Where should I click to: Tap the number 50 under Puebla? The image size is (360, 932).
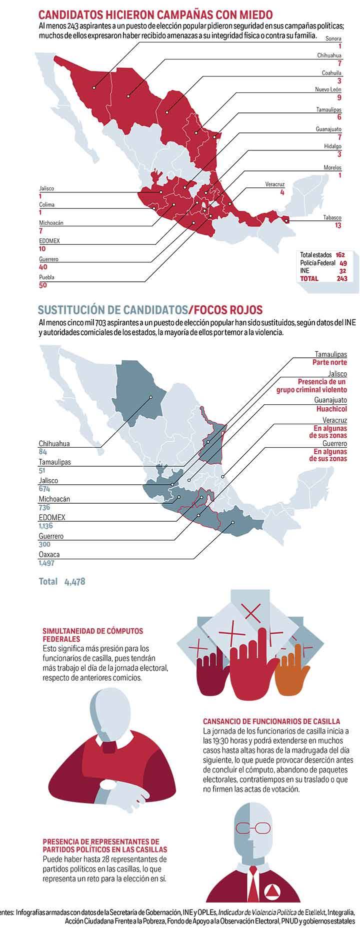[x=43, y=285]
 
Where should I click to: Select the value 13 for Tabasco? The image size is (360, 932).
[x=338, y=226]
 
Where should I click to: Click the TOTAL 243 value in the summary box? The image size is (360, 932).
[x=342, y=278]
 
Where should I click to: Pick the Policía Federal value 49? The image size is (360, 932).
[x=343, y=262]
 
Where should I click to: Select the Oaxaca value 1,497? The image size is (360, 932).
[x=46, y=563]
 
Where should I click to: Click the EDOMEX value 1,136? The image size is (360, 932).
[x=46, y=526]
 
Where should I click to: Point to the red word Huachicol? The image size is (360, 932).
[x=331, y=408]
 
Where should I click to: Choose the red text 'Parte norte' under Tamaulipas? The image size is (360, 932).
[x=330, y=362]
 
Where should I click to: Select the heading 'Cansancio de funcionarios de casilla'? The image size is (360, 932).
[x=271, y=721]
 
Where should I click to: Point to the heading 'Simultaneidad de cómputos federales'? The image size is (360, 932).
[x=93, y=635]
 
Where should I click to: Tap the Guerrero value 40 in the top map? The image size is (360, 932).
[x=43, y=267]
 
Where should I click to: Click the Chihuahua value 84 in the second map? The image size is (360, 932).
[x=43, y=452]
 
